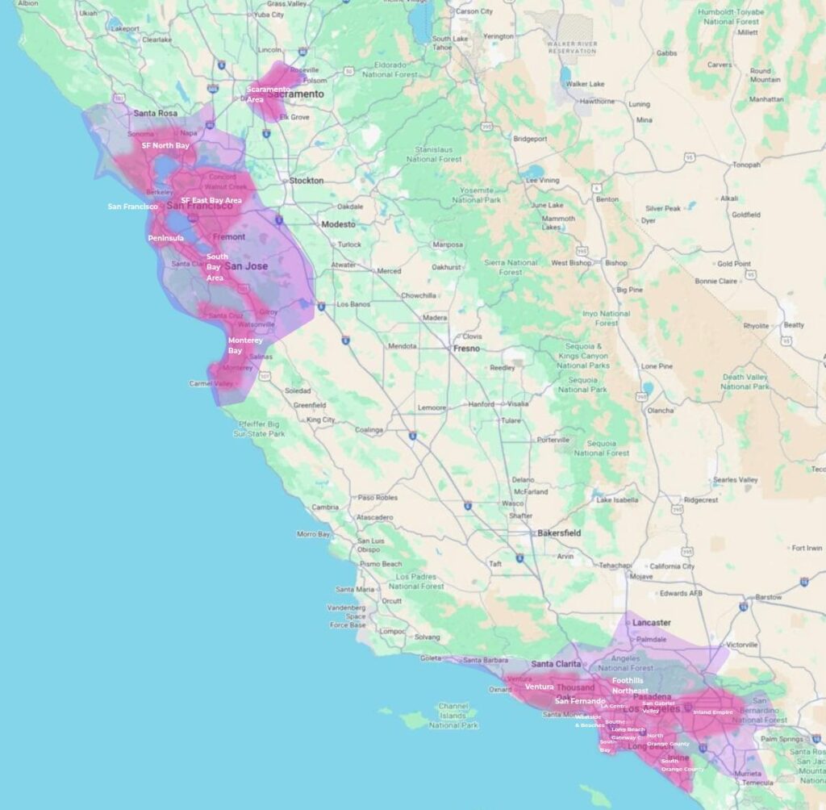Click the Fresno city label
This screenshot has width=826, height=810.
[x=466, y=349]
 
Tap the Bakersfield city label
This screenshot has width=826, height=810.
[x=556, y=533]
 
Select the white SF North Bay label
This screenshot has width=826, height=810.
[x=165, y=146]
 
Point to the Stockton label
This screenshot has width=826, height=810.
[x=306, y=181]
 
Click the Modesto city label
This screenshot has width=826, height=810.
[x=339, y=224]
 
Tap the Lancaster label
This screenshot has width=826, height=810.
[x=651, y=623]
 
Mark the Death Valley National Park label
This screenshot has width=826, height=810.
[x=745, y=382]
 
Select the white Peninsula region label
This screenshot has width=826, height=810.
[x=165, y=239]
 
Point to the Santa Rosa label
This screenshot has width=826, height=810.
[x=155, y=114]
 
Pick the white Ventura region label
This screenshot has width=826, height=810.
[x=539, y=687]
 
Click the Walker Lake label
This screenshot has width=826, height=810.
[x=586, y=84]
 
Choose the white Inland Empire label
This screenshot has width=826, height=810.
[x=713, y=712]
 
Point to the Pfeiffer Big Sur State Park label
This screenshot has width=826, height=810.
[x=257, y=428]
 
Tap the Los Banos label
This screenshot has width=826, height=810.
[x=353, y=305]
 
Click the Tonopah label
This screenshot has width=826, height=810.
[x=746, y=165]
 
